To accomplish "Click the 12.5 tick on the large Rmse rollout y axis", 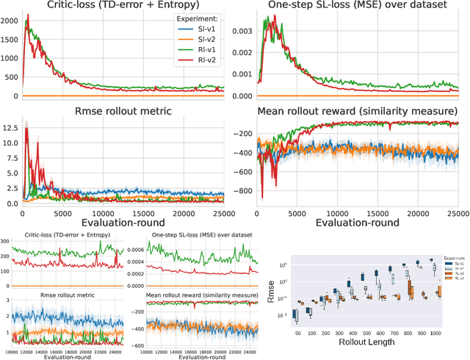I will pos(10,127).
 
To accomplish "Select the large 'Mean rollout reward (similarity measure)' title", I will pos(358,111).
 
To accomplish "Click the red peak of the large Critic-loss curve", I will pos(28,16).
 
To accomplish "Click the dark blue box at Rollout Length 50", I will pos(294,314).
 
